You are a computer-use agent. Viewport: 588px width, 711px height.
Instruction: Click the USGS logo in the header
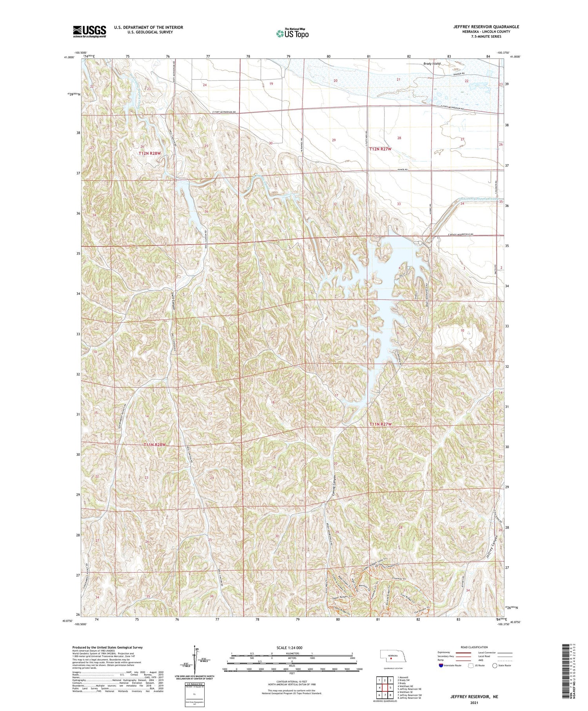[89, 31]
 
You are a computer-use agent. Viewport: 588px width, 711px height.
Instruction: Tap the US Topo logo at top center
[292, 33]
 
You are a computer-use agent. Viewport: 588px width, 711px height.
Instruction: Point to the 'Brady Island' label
[432, 64]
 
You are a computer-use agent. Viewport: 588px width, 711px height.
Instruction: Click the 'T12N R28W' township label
[149, 153]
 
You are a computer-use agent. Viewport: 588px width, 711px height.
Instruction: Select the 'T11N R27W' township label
[380, 424]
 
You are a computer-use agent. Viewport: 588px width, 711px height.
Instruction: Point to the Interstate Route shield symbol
[441, 666]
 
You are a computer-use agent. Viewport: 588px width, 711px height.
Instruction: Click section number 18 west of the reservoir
[272, 403]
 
